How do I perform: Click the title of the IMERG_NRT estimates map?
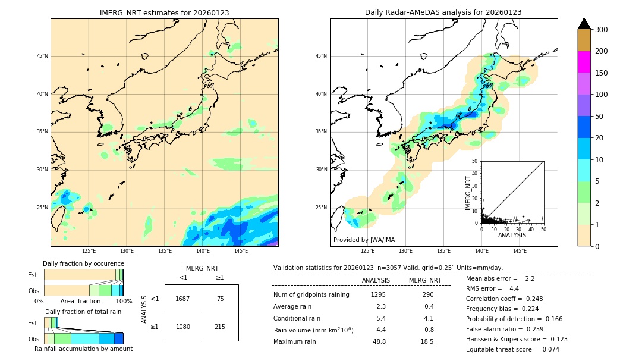pyautogui.click(x=164, y=12)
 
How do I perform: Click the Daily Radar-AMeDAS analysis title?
pyautogui.click(x=443, y=12)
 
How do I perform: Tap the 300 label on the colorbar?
pyautogui.click(x=602, y=30)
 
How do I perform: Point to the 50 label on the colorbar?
pyautogui.click(x=599, y=117)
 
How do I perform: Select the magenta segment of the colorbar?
pyautogui.click(x=584, y=62)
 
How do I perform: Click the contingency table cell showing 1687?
pyautogui.click(x=183, y=299)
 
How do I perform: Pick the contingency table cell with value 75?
pyautogui.click(x=220, y=299)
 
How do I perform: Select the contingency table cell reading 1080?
pyautogui.click(x=183, y=327)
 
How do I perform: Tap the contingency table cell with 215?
pyautogui.click(x=220, y=327)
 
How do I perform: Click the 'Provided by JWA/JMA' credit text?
pyautogui.click(x=364, y=240)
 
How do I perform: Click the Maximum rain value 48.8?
pyautogui.click(x=379, y=341)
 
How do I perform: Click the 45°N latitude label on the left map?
pyautogui.click(x=42, y=56)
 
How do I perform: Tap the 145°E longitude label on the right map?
pyautogui.click(x=520, y=251)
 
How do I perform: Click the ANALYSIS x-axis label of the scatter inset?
pyautogui.click(x=512, y=235)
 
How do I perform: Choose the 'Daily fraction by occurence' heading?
pyautogui.click(x=83, y=263)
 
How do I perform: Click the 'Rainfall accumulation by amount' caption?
pyautogui.click(x=83, y=349)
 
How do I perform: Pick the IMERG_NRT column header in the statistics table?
pyautogui.click(x=424, y=280)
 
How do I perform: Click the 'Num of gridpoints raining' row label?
pyautogui.click(x=311, y=294)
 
